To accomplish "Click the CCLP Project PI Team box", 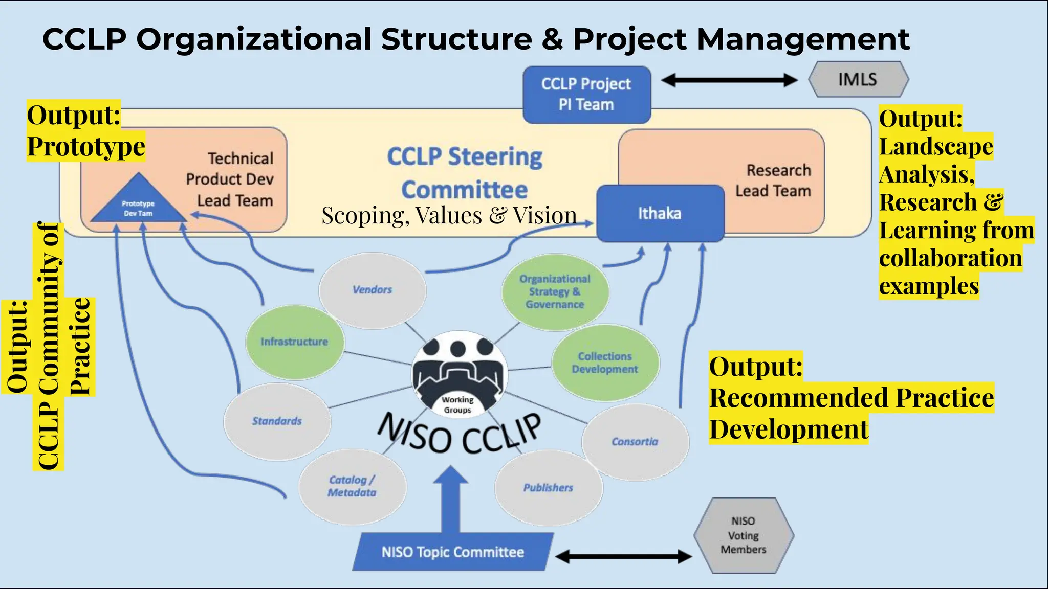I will point(586,95).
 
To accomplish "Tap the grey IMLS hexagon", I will point(858,79).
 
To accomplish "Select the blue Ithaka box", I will point(660,213).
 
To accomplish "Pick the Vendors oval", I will point(372,290).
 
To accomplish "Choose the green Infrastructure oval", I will point(294,342).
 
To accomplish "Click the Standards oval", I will point(277,421).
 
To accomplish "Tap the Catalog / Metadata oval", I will point(352,486).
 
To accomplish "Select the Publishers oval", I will point(548,488).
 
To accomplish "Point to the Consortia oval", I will point(635,442).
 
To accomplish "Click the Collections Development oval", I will point(605,363).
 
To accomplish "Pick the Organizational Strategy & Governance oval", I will point(555,291).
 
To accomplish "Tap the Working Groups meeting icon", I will point(459,375).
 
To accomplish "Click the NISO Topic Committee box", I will point(452,552).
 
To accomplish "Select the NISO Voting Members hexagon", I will point(744,535).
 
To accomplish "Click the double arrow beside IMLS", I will point(729,80).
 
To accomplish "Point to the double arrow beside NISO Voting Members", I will point(623,556).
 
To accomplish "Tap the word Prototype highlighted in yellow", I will point(86,147).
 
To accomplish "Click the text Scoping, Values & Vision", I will point(449,215).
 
